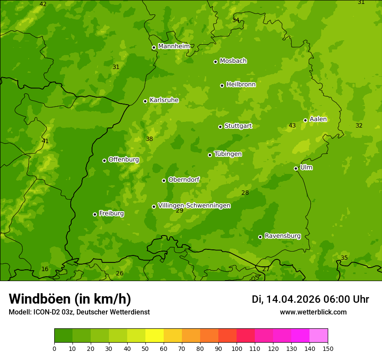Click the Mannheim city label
click(174, 46)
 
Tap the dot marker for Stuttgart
click(220, 127)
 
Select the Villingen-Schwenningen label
click(194, 206)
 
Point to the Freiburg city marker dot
click(95, 214)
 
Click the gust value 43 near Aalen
click(292, 126)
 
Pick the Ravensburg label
click(283, 236)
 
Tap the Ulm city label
click(306, 167)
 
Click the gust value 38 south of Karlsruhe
click(149, 139)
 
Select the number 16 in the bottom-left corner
click(45, 269)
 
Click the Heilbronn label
click(241, 85)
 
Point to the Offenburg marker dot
click(104, 160)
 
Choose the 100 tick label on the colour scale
click(237, 348)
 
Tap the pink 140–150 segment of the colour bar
click(319, 336)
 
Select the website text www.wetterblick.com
click(313, 312)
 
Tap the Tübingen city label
click(227, 154)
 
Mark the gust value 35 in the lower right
click(344, 258)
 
